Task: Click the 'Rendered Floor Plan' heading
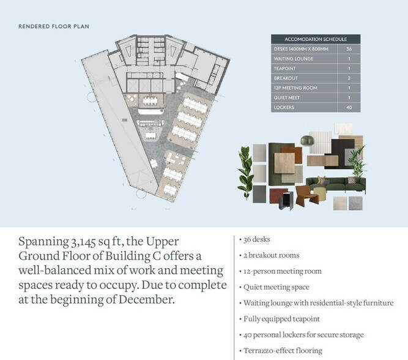[54, 26]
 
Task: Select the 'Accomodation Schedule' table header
[316, 39]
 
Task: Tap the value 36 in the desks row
[349, 49]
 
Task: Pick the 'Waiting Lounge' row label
[294, 59]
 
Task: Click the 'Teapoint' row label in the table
[284, 69]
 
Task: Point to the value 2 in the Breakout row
[349, 78]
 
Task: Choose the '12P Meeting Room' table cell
[295, 88]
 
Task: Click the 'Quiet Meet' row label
[287, 98]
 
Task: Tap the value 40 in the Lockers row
[349, 107]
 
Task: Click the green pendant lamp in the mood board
[307, 140]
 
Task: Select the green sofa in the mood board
[336, 184]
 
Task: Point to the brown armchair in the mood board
[307, 195]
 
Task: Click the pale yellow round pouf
[320, 193]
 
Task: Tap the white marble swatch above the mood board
[343, 129]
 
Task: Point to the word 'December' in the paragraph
[146, 299]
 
